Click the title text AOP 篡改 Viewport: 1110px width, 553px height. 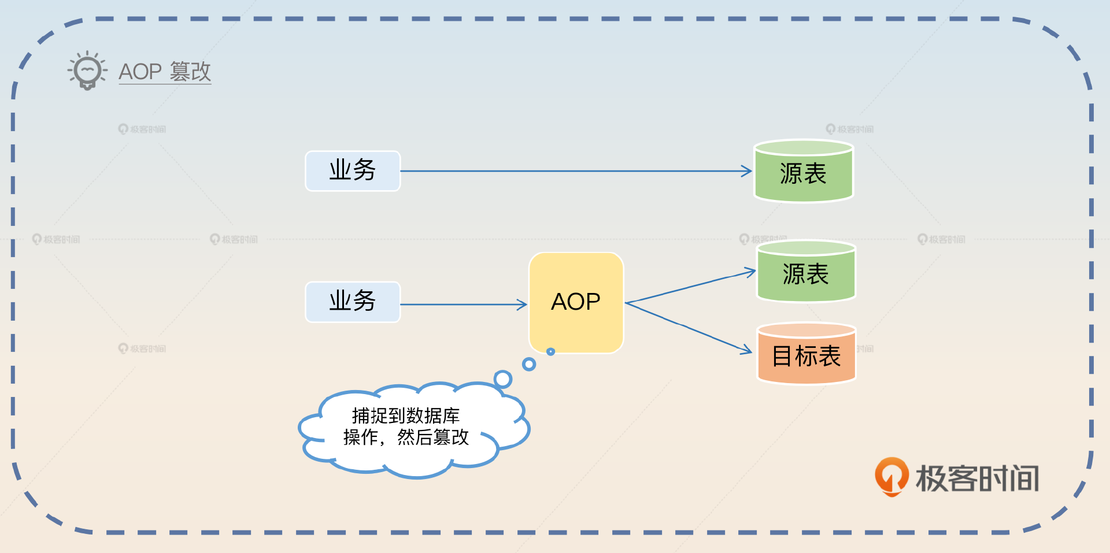pyautogui.click(x=165, y=72)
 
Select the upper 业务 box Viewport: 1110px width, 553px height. pyautogui.click(x=353, y=171)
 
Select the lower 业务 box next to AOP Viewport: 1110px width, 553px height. pyautogui.click(x=353, y=302)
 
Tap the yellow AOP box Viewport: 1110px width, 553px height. pyautogui.click(x=576, y=302)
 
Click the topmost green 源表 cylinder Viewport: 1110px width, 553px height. pyautogui.click(x=804, y=172)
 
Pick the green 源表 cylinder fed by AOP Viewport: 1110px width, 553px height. pyautogui.click(x=806, y=272)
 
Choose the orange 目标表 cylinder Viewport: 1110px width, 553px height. pyautogui.click(x=806, y=354)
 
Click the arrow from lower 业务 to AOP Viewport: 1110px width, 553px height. pyautogui.click(x=462, y=305)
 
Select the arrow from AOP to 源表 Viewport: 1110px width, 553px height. pyautogui.click(x=691, y=287)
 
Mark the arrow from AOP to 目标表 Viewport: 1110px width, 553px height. pyautogui.click(x=688, y=326)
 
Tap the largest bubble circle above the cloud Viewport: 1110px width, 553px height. pyautogui.click(x=503, y=379)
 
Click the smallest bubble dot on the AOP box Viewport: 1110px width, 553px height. pyautogui.click(x=550, y=351)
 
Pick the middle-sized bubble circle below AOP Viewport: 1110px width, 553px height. pyautogui.click(x=528, y=364)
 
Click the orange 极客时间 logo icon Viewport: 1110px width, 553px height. pyautogui.click(x=891, y=477)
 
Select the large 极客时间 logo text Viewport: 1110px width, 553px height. pyautogui.click(x=977, y=478)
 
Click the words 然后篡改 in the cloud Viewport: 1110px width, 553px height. pyautogui.click(x=432, y=437)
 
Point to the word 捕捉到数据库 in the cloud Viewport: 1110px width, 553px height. pyautogui.click(x=406, y=415)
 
